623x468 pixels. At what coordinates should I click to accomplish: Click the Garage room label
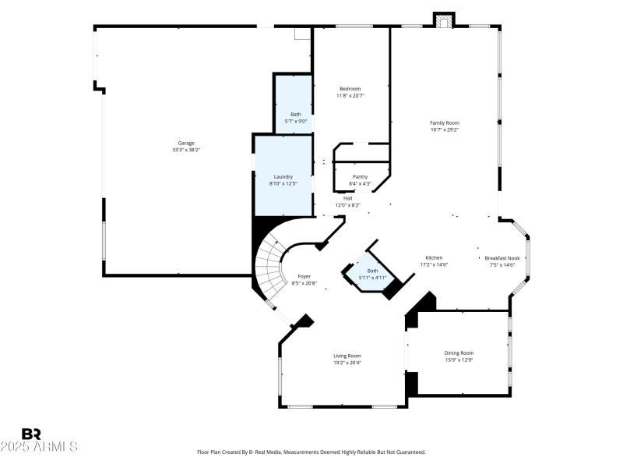[x=186, y=143]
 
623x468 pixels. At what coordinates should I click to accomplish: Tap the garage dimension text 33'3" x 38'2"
[x=186, y=150]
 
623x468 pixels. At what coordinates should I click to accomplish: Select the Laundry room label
[x=283, y=176]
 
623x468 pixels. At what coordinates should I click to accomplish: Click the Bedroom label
[x=350, y=88]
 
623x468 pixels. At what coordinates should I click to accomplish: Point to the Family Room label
[x=445, y=122]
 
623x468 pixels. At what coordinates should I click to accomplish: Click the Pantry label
[x=360, y=176]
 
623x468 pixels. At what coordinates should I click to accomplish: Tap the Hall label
[x=348, y=198]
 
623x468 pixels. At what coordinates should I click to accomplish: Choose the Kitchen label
[x=434, y=257]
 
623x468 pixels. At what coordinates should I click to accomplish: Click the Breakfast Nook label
[x=502, y=257]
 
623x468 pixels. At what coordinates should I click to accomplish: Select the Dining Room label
[x=459, y=353]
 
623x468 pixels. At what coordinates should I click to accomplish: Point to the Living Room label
[x=347, y=355]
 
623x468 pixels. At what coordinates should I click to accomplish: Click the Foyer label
[x=304, y=277]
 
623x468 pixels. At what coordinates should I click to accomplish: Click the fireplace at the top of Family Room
[x=444, y=21]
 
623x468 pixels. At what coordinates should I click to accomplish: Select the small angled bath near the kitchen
[x=372, y=274]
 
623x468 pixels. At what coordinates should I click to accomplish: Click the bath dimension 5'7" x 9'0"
[x=296, y=121]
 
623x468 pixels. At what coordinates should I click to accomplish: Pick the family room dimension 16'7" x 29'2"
[x=445, y=129]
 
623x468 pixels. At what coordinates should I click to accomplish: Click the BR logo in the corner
[x=32, y=434]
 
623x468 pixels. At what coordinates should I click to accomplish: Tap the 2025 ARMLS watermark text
[x=39, y=447]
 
